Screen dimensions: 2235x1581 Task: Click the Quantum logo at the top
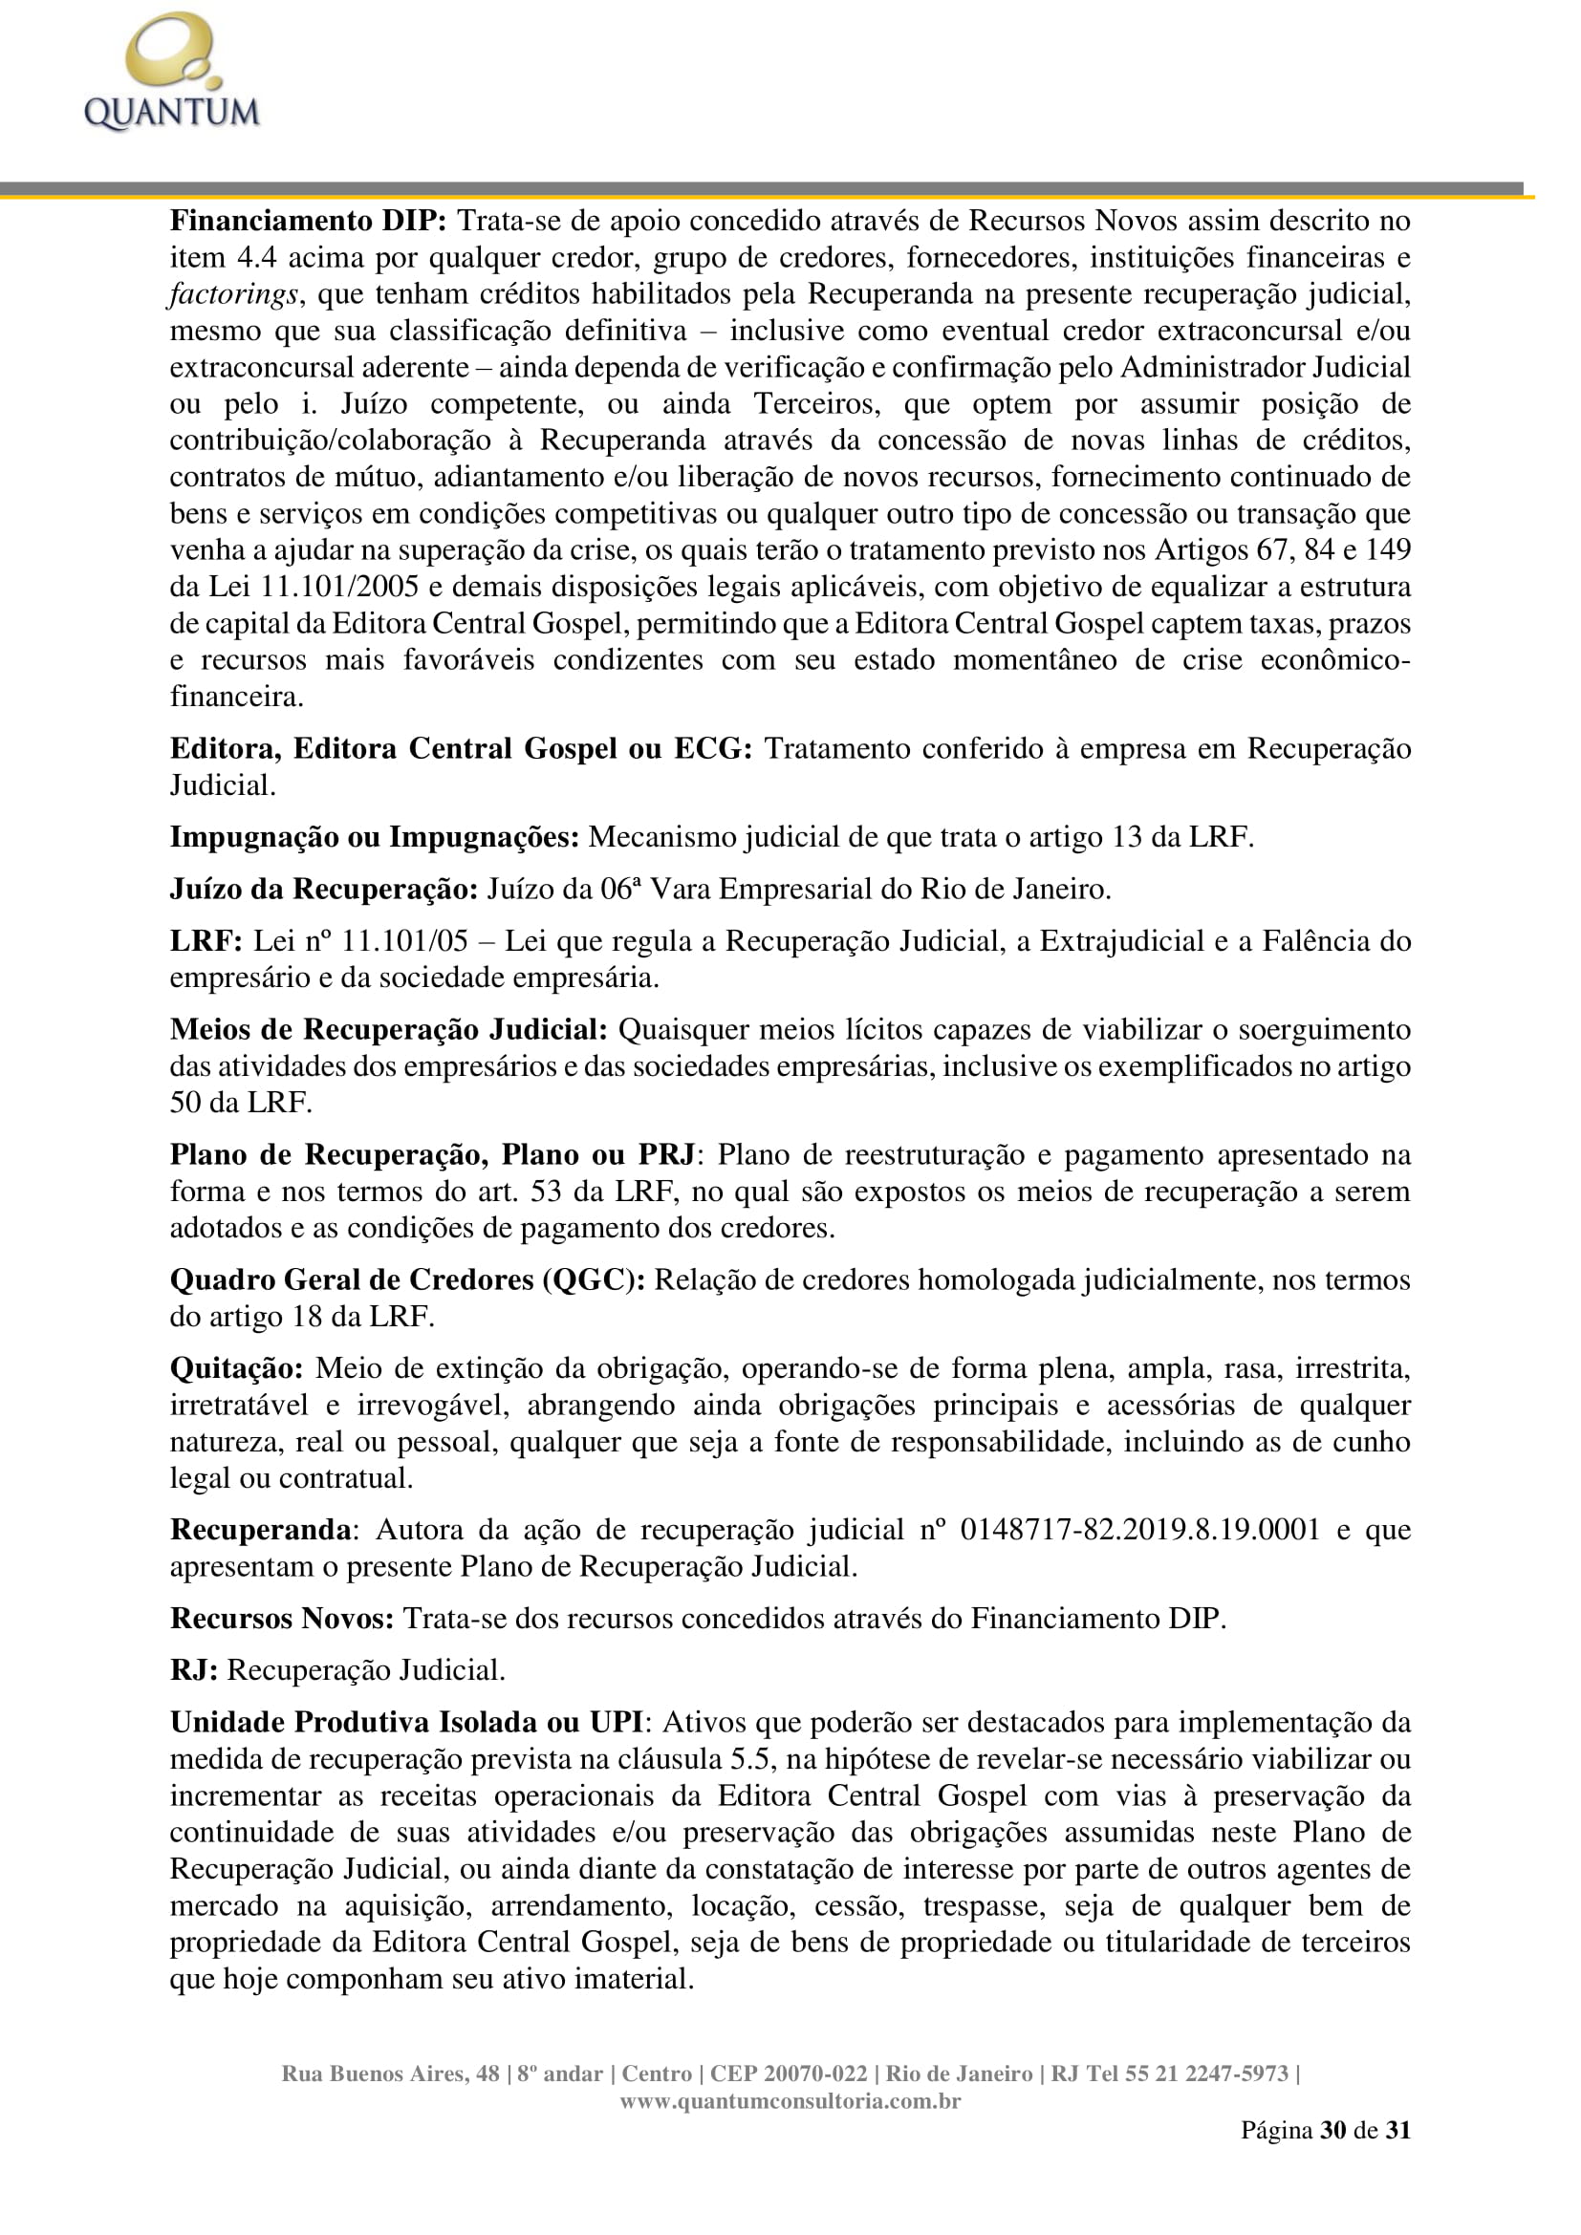tap(172, 74)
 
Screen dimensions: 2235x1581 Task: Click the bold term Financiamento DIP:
tap(308, 221)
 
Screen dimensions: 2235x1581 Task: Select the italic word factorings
tap(232, 294)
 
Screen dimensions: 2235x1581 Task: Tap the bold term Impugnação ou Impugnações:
tap(375, 837)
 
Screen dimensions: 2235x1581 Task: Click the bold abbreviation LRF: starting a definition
tap(206, 941)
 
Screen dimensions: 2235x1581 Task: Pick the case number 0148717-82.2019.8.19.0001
tap(1140, 1529)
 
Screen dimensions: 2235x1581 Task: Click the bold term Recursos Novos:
tap(282, 1618)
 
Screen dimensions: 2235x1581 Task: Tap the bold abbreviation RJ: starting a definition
tap(194, 1670)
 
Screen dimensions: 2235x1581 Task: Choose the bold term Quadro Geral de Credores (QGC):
tap(407, 1280)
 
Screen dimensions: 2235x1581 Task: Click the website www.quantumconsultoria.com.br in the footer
tap(790, 2100)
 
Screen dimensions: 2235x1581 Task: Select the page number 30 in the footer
tap(1332, 2130)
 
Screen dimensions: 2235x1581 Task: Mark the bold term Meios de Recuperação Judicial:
tap(388, 1030)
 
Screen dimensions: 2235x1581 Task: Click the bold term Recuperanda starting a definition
tap(260, 1529)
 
